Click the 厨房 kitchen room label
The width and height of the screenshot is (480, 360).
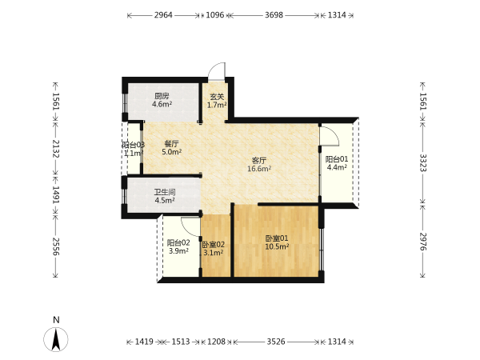(x=162, y=96)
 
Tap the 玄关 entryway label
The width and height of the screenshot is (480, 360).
(x=217, y=97)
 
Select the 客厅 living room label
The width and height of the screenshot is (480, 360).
(x=259, y=160)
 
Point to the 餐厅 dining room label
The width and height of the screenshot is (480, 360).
(x=171, y=143)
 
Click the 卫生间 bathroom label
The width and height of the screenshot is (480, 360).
(x=165, y=192)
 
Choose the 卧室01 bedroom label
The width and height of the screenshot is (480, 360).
(x=277, y=238)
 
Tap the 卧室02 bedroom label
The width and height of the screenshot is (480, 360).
(x=214, y=245)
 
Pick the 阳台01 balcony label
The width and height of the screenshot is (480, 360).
(x=337, y=159)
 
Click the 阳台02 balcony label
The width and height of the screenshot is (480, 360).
(x=178, y=242)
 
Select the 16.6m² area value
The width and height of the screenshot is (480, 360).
(x=259, y=168)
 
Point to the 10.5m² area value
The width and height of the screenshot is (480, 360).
(x=277, y=246)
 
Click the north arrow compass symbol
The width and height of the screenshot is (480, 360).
(x=56, y=339)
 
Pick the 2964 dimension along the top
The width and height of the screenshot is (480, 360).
(x=163, y=15)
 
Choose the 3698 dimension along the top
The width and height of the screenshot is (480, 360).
(x=274, y=15)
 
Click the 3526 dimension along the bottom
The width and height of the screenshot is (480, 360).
(x=276, y=342)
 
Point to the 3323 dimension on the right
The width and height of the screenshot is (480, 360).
(x=422, y=162)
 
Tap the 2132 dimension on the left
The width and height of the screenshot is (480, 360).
(x=55, y=149)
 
